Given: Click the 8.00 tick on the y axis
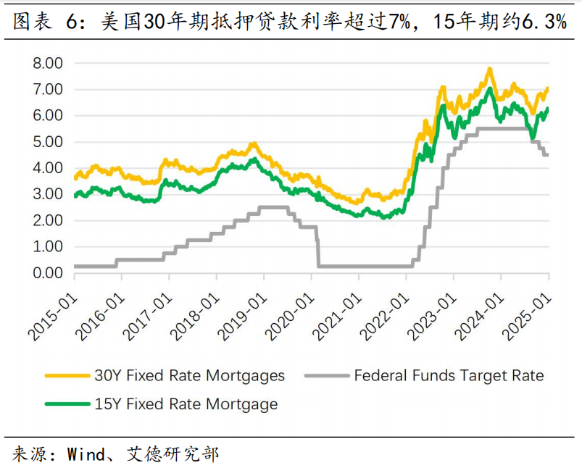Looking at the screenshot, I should pos(49,64).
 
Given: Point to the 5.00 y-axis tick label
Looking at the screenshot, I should pos(49,142).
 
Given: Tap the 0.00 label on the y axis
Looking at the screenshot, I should pos(49,273).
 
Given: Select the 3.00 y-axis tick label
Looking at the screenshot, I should pos(49,194).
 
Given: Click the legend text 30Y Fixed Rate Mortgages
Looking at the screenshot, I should pos(189,376).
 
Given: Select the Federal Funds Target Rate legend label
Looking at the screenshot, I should pos(449,376).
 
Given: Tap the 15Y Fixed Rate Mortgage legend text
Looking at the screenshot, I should pos(186,404).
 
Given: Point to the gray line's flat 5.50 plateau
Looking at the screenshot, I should pos(500,128).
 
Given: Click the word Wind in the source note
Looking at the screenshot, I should pos(86,455).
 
